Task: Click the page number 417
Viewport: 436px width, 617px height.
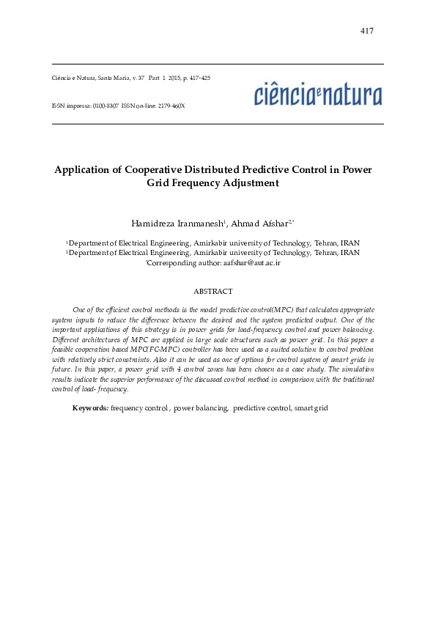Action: point(367,31)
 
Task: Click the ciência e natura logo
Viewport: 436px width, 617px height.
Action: point(318,96)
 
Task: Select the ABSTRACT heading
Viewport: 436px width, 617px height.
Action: point(213,292)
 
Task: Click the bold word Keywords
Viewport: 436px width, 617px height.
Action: point(90,407)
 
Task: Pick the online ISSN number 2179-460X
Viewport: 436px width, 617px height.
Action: point(170,106)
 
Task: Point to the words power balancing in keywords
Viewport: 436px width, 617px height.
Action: point(201,407)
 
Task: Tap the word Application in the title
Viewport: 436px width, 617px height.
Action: point(81,170)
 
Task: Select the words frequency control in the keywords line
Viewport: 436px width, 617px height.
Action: point(139,407)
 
